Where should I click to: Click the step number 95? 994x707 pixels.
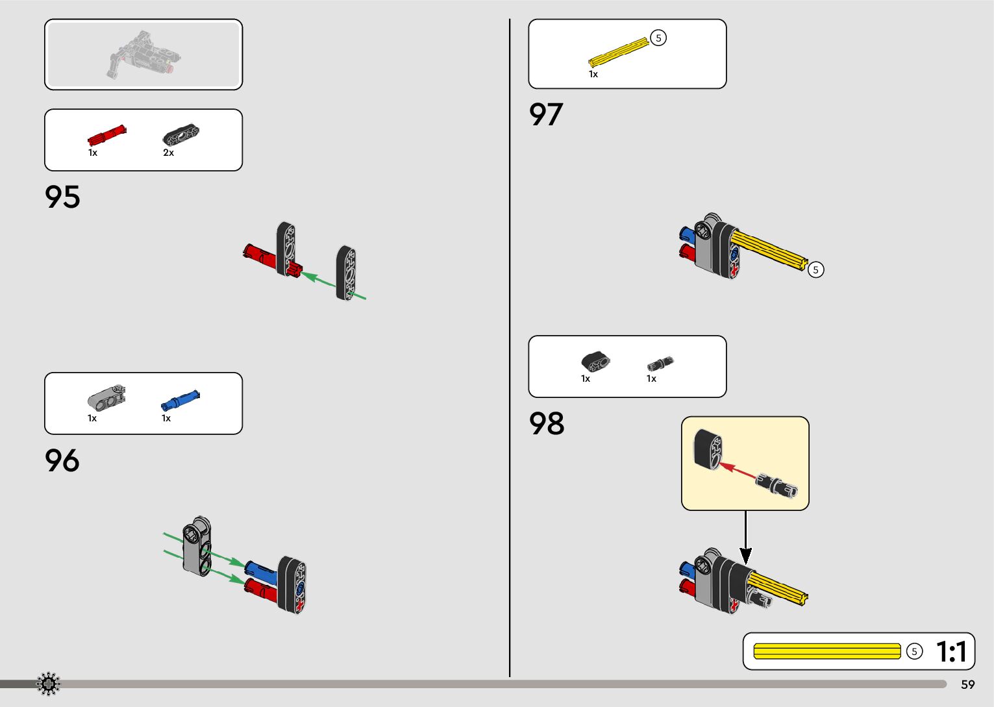click(x=62, y=197)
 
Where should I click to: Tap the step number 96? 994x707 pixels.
click(x=62, y=461)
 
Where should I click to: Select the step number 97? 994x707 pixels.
click(x=546, y=115)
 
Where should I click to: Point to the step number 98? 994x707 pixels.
click(x=547, y=424)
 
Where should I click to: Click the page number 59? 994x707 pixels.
click(x=967, y=684)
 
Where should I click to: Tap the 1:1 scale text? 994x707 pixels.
click(x=951, y=652)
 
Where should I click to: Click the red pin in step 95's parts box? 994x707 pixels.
click(x=106, y=136)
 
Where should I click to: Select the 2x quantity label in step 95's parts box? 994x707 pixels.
click(x=168, y=153)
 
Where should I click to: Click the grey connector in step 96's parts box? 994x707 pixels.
click(x=106, y=397)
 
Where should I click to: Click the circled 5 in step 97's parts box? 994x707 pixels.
click(x=658, y=38)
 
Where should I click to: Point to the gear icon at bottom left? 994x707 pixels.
click(x=48, y=684)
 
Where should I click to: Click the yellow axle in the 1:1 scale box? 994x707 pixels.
click(x=827, y=651)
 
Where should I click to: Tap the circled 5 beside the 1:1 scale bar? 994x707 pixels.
click(x=914, y=651)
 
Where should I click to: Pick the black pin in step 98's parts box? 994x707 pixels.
click(x=660, y=364)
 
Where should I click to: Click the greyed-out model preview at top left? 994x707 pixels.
click(x=143, y=55)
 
